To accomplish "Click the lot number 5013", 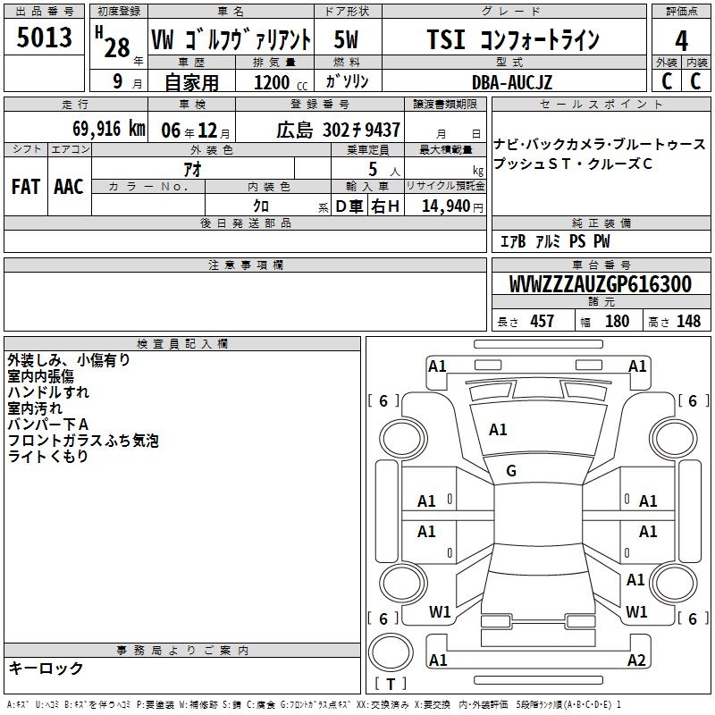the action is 44,38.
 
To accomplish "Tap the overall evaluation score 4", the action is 681,40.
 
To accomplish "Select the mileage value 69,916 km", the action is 109,129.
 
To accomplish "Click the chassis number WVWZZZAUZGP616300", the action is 600,283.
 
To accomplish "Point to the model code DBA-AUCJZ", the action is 511,82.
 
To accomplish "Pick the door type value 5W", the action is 346,39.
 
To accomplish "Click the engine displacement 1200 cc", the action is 281,82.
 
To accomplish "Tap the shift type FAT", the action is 26,187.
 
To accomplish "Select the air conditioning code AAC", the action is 69,187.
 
